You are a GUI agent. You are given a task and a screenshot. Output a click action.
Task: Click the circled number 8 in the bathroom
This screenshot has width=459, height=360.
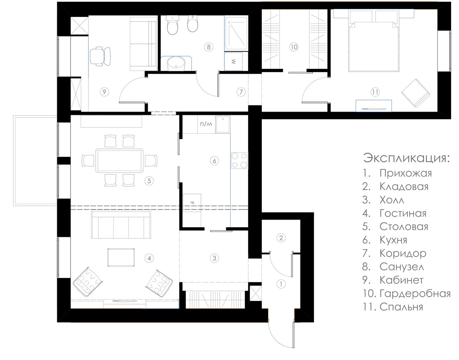pos(209,47)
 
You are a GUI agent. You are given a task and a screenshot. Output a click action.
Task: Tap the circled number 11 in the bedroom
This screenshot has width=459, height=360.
pos(375,92)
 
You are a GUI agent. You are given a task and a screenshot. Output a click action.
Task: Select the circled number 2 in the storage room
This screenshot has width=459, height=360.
pos(281,238)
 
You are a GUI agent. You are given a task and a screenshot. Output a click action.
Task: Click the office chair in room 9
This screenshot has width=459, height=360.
pos(100,57)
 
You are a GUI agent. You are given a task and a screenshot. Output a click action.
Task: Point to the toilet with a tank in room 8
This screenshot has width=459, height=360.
pos(173,25)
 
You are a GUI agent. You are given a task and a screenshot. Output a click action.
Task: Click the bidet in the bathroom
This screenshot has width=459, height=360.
pos(193,23)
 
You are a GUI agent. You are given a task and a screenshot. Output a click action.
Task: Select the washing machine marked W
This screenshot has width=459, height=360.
pos(233,62)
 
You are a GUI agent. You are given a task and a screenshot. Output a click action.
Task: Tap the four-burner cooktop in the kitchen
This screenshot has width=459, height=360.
pos(239,160)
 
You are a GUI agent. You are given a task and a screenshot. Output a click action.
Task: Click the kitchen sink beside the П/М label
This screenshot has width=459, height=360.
pos(223,124)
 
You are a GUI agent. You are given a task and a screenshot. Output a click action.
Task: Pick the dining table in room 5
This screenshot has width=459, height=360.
pos(119,161)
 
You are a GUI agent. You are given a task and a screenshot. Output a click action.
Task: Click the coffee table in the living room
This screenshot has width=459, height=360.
pos(121,257)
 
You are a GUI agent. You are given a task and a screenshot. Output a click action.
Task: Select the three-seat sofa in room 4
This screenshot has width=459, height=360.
pos(121,225)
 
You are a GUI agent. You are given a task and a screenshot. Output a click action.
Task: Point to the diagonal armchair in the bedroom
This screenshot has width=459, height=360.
pos(415,93)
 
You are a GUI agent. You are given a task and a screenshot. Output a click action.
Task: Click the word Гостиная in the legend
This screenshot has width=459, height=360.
pos(403,213)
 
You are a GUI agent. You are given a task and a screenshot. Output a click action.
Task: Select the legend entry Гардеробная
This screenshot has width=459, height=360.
pos(415,293)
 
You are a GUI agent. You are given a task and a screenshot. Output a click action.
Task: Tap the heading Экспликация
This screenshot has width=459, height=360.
pos(406,158)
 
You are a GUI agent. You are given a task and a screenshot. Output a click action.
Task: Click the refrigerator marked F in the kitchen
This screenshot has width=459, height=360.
pos(192,203)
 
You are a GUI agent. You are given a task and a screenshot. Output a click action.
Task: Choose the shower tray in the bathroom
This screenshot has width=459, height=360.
pos(236,33)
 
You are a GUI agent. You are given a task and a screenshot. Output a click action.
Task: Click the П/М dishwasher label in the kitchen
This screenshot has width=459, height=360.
pos(206,124)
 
